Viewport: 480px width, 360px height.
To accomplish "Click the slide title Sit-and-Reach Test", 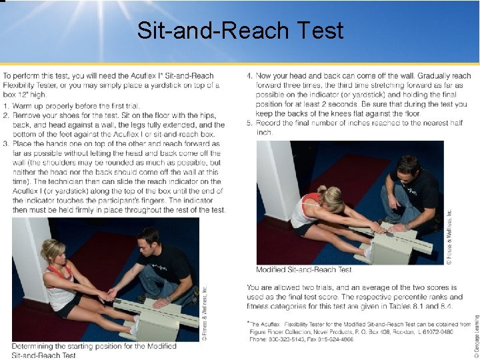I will pos(240,31).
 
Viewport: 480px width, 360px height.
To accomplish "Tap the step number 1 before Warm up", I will pos(5,106).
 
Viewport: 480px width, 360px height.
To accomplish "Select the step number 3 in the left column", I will pos(5,143).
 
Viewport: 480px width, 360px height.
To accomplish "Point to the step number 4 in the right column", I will pos(249,76).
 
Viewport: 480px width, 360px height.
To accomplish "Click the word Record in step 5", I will pos(271,123).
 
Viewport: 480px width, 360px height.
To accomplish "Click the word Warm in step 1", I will pos(23,106).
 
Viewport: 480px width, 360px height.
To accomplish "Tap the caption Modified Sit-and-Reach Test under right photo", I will pos(304,270).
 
